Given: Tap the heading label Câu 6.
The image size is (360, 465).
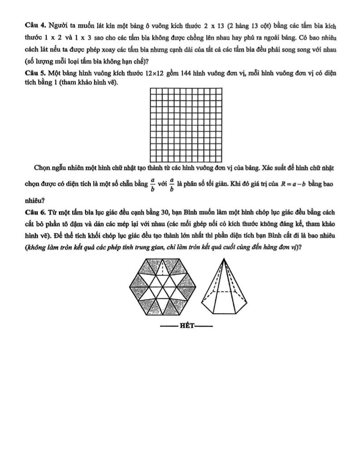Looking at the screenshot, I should (35, 212).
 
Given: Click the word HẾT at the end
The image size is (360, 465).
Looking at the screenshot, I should (187, 326).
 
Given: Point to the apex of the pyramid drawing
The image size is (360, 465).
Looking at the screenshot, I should (225, 258).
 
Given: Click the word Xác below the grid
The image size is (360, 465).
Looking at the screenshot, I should (268, 168).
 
